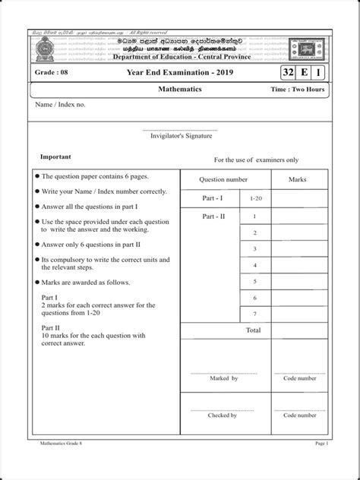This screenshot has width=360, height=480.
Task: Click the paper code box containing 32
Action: pyautogui.click(x=288, y=73)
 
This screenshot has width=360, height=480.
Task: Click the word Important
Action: pyautogui.click(x=55, y=156)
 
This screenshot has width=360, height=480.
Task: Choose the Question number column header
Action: pyautogui.click(x=223, y=180)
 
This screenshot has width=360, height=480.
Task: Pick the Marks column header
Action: pyautogui.click(x=298, y=180)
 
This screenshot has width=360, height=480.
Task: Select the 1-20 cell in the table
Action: pyautogui.click(x=255, y=198)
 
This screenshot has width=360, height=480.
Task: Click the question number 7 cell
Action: pyautogui.click(x=255, y=314)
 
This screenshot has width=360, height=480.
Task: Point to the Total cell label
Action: pyautogui.click(x=253, y=330)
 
